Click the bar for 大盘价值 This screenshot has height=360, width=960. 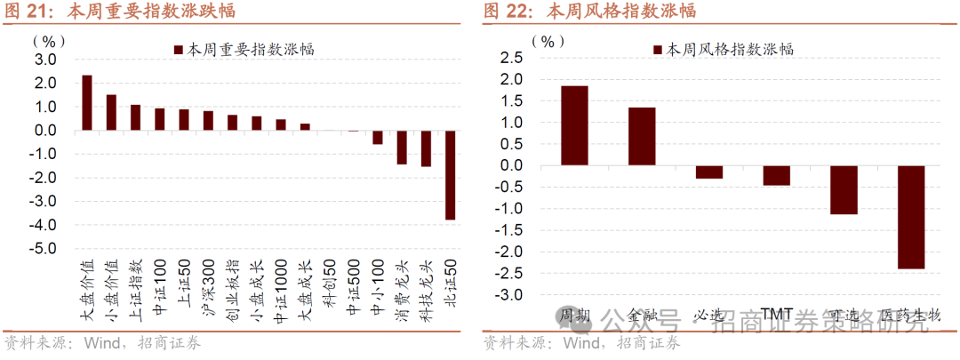[87, 102]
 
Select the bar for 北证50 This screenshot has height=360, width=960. [450, 174]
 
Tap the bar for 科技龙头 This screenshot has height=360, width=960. [426, 148]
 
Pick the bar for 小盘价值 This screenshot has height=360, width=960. [111, 112]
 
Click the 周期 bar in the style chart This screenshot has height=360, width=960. [574, 125]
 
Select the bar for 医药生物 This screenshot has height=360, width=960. [910, 217]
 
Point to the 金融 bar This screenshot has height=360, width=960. [642, 136]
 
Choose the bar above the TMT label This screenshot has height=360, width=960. [776, 175]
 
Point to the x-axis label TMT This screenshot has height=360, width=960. [777, 315]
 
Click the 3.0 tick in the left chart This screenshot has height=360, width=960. [44, 60]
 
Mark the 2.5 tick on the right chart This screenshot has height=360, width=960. [512, 58]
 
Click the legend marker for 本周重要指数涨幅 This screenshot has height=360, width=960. [178, 50]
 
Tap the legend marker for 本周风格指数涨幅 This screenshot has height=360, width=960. [658, 50]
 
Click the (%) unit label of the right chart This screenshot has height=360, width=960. [548, 41]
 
